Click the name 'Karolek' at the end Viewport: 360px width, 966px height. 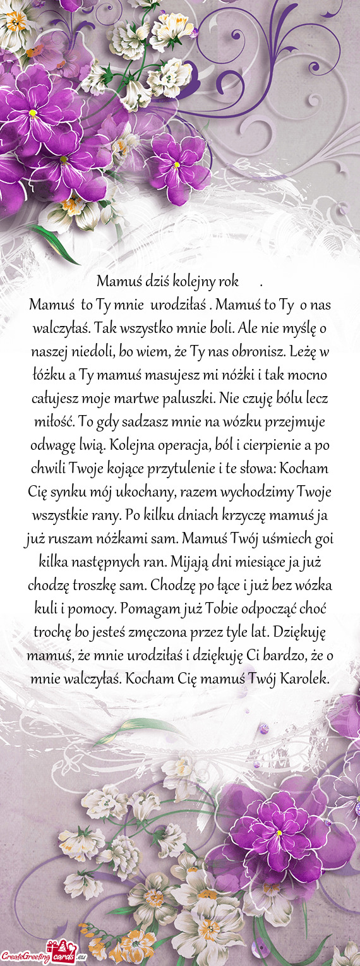pos(304,663)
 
